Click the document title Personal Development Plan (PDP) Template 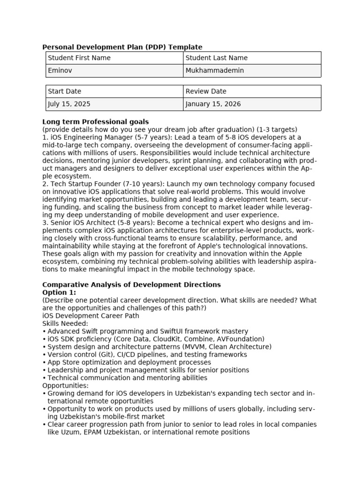click(x=122, y=47)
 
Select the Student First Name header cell click(x=114, y=58)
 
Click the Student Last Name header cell click(x=252, y=58)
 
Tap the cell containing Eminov click(x=114, y=71)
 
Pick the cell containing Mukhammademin click(x=252, y=71)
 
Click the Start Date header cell click(x=114, y=91)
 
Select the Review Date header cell click(x=252, y=91)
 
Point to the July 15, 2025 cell click(x=114, y=104)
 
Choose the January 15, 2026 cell click(x=252, y=104)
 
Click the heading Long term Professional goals click(x=96, y=122)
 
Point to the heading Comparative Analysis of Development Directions click(x=131, y=285)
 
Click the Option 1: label click(x=59, y=292)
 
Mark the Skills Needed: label click(x=65, y=323)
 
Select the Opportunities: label click(x=65, y=385)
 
